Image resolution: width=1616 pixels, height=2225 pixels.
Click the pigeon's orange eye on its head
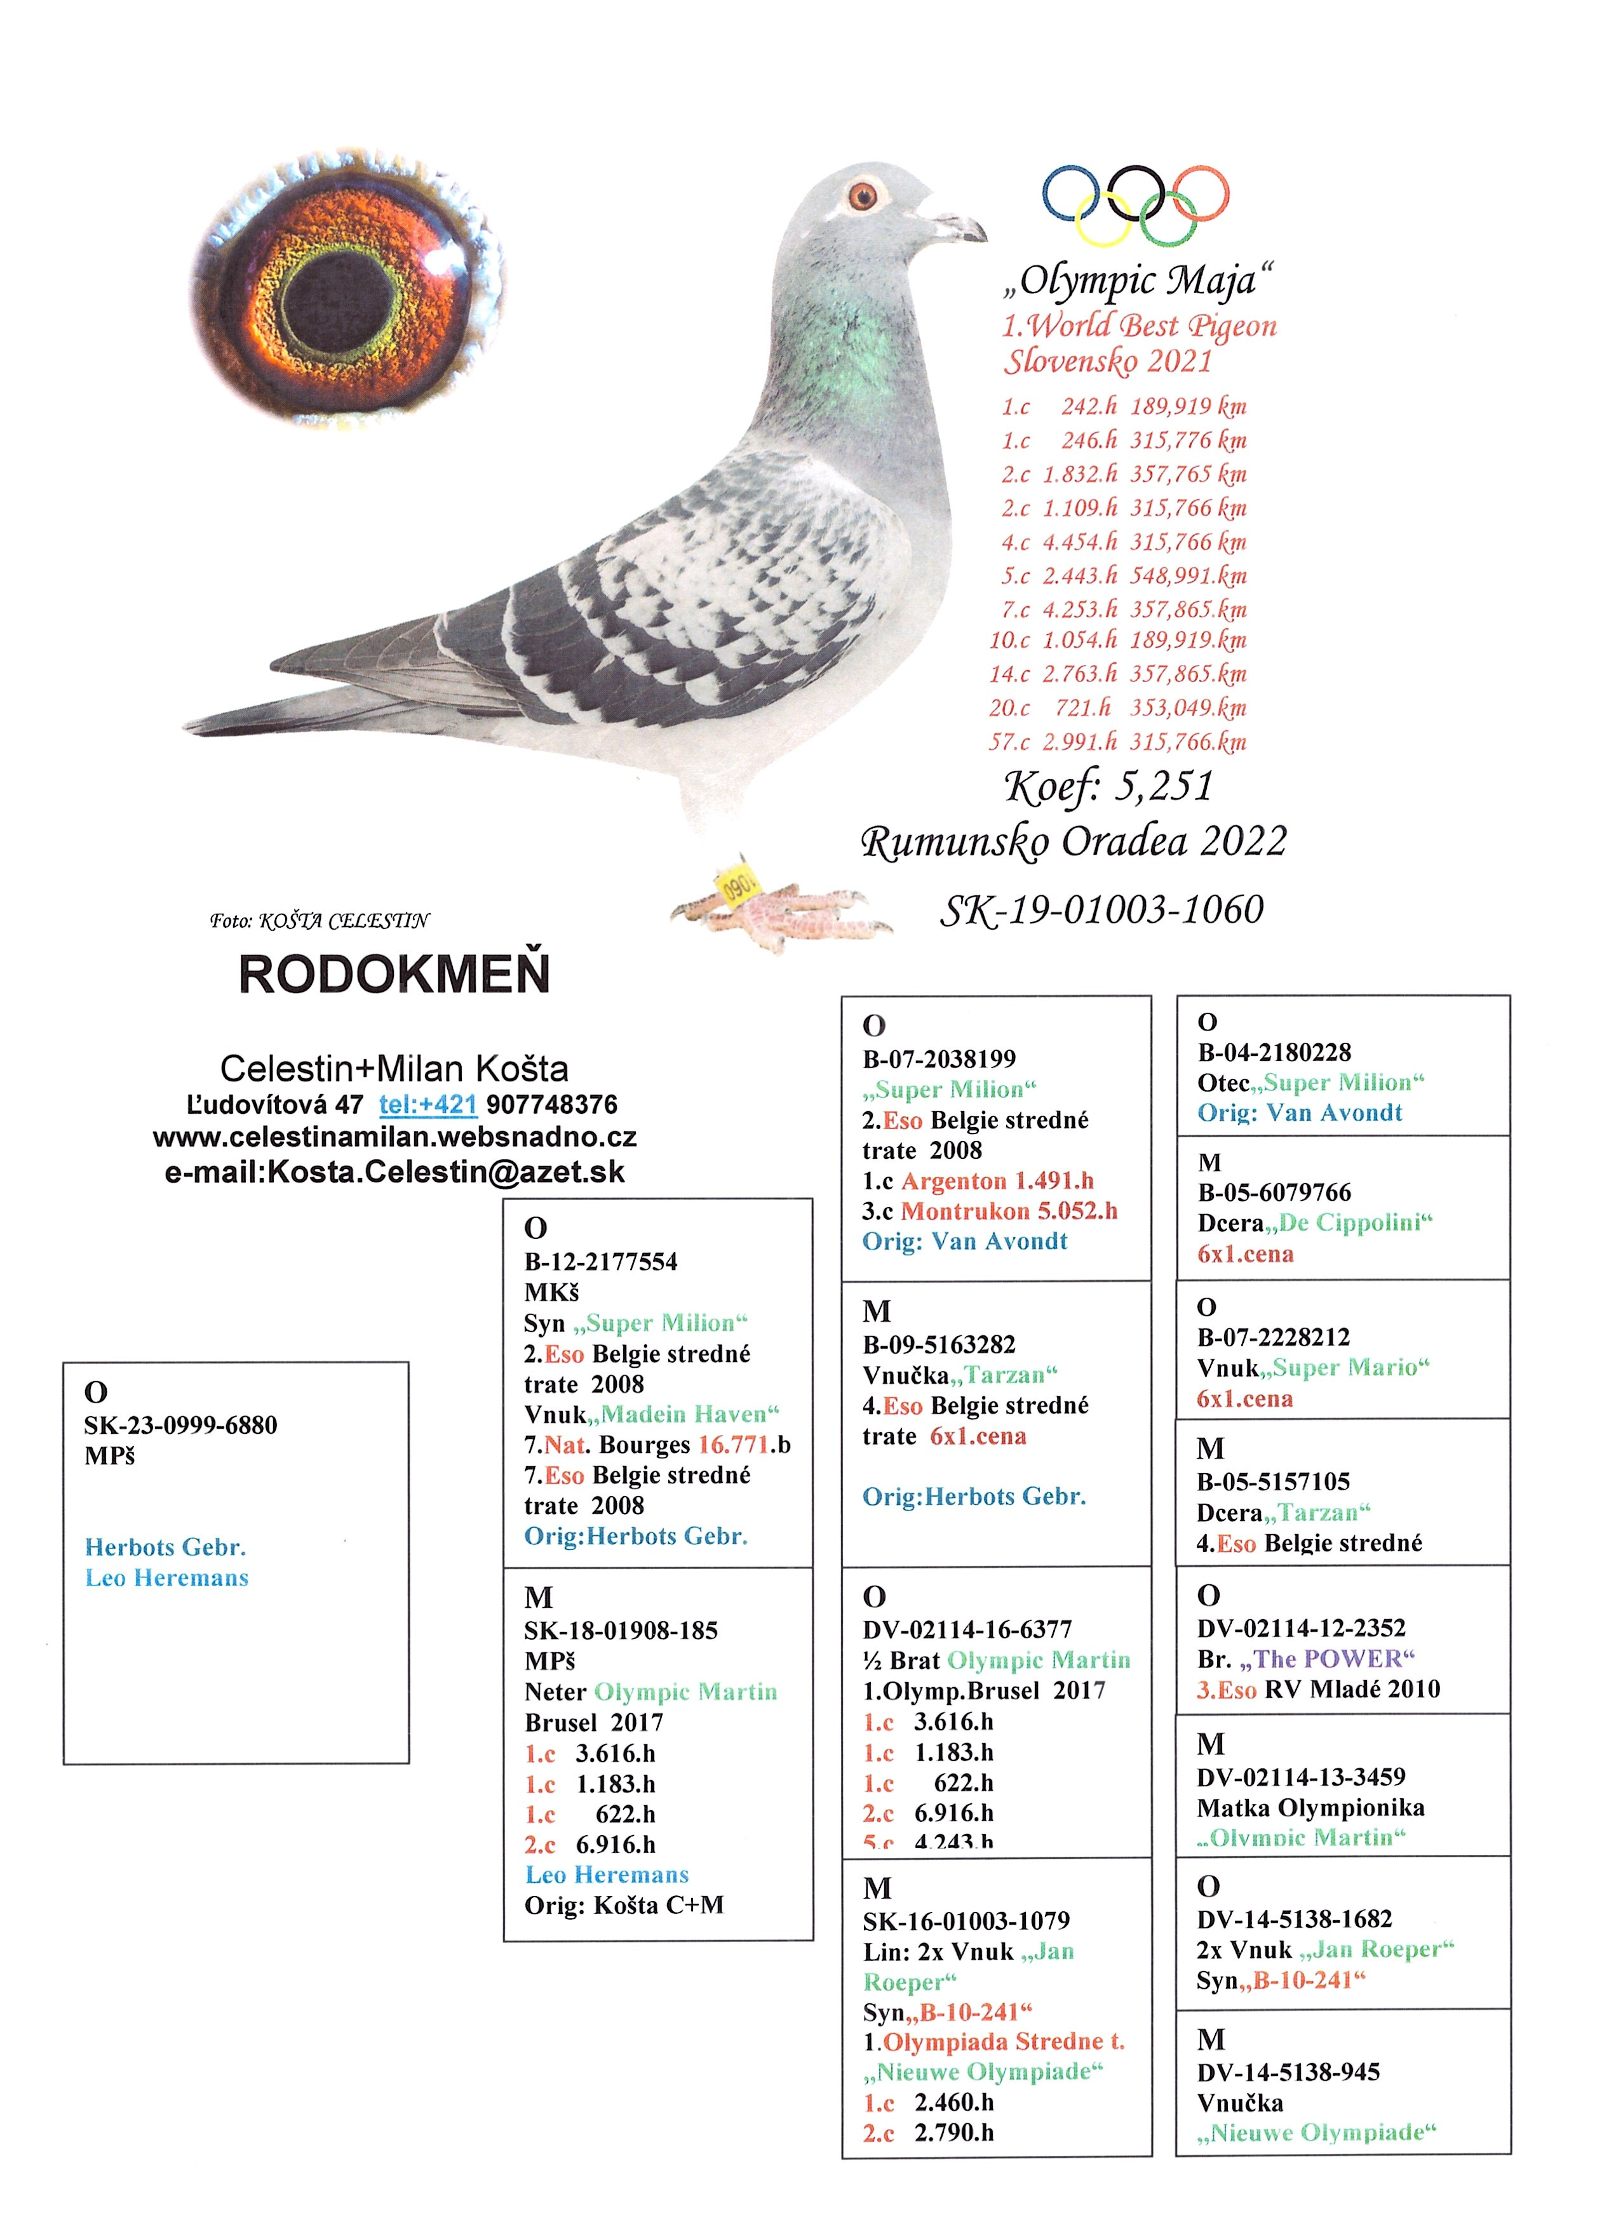coord(863,195)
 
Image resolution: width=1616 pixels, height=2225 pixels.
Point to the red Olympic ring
coord(1199,192)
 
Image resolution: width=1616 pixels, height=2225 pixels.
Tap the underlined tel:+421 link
coord(428,1105)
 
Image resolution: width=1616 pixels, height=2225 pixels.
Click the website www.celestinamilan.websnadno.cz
coord(394,1137)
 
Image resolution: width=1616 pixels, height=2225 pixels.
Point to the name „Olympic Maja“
coord(1138,281)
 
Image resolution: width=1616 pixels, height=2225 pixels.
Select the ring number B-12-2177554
coord(600,1262)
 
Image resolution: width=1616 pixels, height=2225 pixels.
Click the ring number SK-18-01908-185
coord(621,1631)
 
